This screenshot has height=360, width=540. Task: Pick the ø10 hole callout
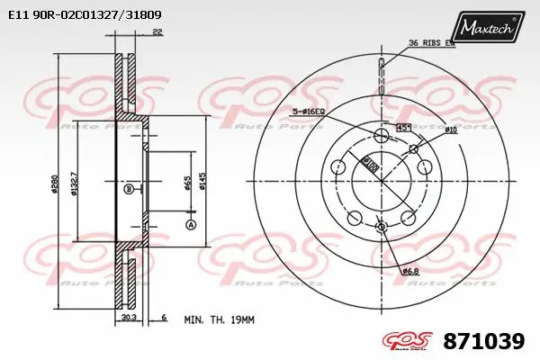(451, 130)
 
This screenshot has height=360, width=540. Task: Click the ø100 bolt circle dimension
(369, 165)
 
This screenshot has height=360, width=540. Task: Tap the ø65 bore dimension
(186, 186)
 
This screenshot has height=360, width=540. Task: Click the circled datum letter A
(190, 223)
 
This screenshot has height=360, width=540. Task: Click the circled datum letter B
(129, 190)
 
